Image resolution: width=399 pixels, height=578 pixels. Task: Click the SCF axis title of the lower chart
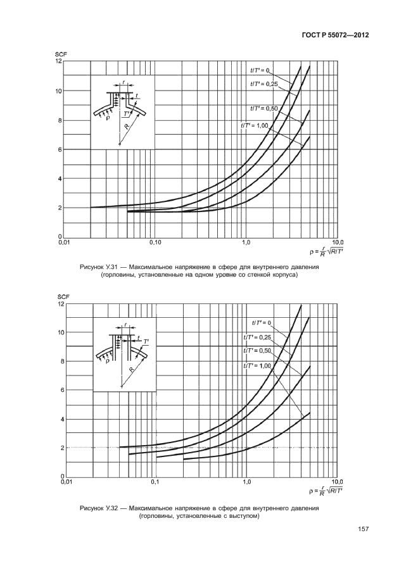pos(61,297)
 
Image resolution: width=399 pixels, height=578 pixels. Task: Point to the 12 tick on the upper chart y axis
pos(58,61)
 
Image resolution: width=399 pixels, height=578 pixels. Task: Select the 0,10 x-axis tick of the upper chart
pos(155,242)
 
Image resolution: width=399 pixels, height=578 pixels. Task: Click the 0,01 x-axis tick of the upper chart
pos(64,242)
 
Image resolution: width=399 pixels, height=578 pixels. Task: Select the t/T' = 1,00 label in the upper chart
pos(255,125)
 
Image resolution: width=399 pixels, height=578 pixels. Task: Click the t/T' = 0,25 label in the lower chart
pos(256,337)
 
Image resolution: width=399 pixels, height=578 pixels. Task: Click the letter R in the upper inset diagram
pos(127,127)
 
